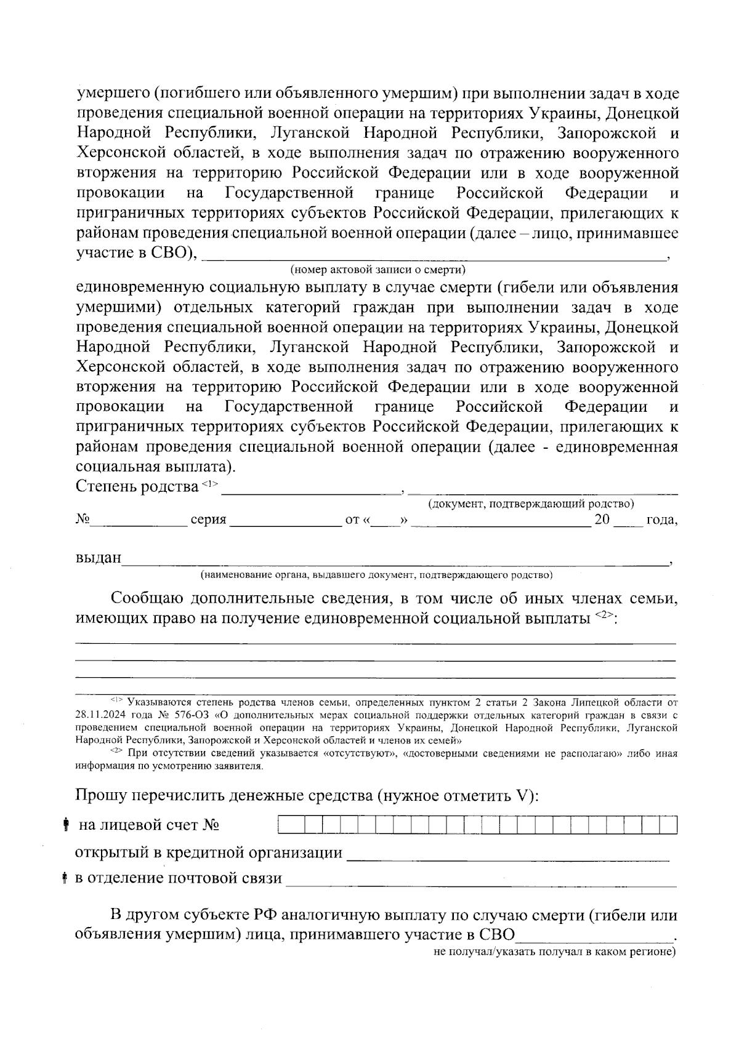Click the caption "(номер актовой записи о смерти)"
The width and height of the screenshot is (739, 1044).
(378, 270)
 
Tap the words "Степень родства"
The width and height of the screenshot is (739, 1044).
(137, 487)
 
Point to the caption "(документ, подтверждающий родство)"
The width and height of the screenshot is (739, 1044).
(531, 504)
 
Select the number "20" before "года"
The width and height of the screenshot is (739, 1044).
(602, 520)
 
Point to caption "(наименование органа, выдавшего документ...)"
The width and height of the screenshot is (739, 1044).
(376, 575)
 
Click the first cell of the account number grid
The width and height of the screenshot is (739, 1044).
(286, 825)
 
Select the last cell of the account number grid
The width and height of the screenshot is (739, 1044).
(669, 825)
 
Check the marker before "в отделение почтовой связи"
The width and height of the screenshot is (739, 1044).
(65, 878)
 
